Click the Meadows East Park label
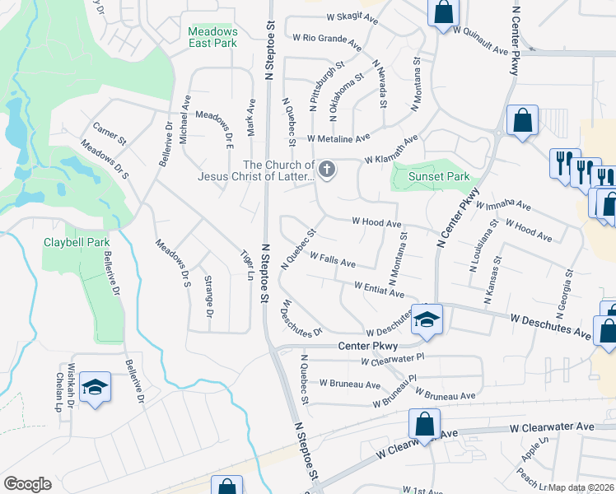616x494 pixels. click(x=212, y=36)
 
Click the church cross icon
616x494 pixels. click(x=327, y=171)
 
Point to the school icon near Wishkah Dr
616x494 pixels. click(x=95, y=388)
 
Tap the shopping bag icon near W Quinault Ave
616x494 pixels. click(x=443, y=12)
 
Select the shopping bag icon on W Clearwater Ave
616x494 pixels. click(x=424, y=425)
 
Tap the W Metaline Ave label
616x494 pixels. click(x=339, y=138)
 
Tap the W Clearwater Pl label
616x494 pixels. click(x=392, y=359)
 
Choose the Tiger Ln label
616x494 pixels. click(x=245, y=264)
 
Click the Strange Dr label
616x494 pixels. click(x=208, y=296)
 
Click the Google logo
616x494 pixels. click(x=27, y=484)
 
